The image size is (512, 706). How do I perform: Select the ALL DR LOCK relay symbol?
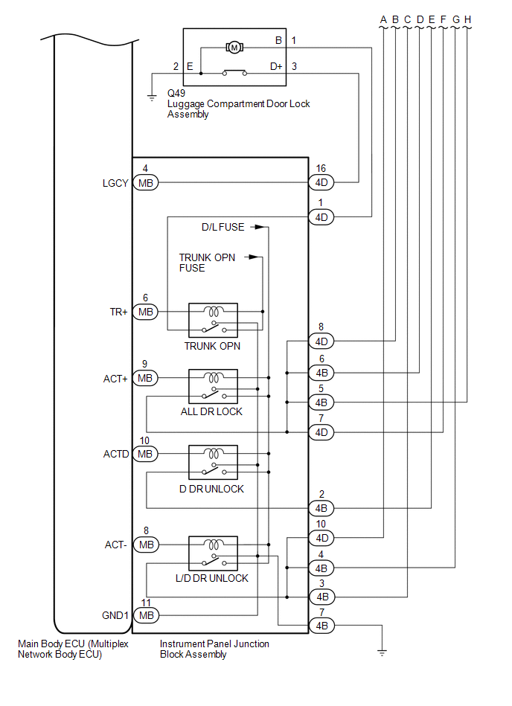point(213,387)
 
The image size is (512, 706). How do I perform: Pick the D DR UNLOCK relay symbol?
point(213,463)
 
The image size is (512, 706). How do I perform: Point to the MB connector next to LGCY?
point(145,182)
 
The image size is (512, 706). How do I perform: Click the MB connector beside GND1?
point(146,615)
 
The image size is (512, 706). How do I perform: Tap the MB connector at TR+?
point(146,312)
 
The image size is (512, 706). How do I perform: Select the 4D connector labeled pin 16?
point(322,182)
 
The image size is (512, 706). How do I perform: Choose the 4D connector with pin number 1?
point(322,217)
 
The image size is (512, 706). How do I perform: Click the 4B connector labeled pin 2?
point(322,508)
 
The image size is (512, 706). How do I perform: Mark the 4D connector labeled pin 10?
point(322,537)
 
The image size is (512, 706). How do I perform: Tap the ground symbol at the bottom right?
point(383,652)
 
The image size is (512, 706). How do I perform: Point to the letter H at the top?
point(467,19)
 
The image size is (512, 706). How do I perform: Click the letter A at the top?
point(383,19)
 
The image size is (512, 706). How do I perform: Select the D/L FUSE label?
point(223,227)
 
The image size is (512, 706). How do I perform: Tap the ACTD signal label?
point(116,453)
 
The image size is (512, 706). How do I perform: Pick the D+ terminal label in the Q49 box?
point(276,66)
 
